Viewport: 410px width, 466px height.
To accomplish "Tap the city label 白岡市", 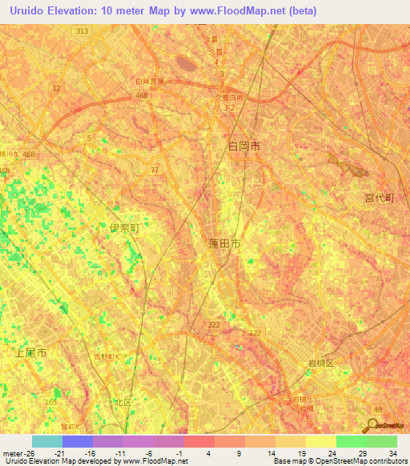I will [244, 147].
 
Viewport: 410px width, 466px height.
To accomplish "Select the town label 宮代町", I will [380, 197].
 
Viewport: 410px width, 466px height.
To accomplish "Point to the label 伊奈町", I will [124, 228].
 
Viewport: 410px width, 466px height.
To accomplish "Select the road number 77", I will [155, 169].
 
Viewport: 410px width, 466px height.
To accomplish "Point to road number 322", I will [214, 324].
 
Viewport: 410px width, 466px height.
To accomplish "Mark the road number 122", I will [255, 332].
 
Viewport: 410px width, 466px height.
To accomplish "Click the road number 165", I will [51, 401].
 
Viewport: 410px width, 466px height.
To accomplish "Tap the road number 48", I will [377, 410].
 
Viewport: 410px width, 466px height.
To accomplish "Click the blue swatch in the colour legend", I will [77, 441].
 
